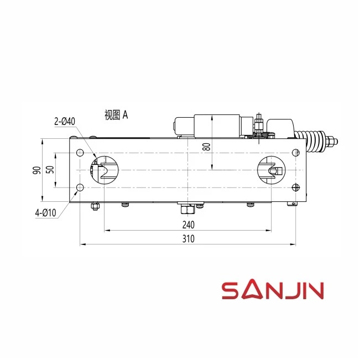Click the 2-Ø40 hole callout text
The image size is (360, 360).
[65, 121]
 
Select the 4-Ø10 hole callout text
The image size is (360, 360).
[45, 213]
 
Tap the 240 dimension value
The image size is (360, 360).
[188, 225]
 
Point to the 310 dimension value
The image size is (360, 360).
[188, 239]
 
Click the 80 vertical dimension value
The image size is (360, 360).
[207, 147]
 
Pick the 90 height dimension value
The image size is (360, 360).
[37, 170]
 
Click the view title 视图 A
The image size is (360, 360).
[116, 115]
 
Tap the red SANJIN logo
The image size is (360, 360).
[273, 289]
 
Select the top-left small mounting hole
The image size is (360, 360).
[80, 153]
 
